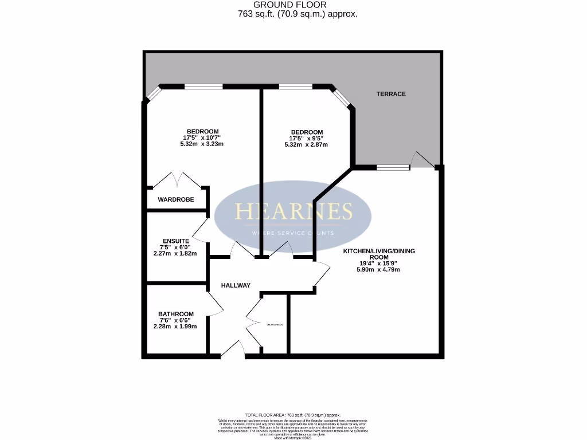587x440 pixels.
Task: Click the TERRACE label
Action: pos(391,94)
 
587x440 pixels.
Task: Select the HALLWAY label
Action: pos(236,285)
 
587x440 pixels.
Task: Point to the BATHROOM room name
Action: pos(175,314)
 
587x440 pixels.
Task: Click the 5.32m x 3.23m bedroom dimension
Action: pos(201,144)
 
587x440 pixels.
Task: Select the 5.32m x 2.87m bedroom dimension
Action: pos(306,144)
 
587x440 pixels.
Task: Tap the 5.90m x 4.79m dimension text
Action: pos(378,269)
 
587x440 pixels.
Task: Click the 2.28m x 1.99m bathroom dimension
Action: pos(175,327)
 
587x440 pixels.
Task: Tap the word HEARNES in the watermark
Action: pos(293,212)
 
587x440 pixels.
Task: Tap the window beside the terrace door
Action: pos(393,167)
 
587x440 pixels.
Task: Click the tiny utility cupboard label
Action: pos(275,325)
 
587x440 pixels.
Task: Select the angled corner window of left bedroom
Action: pos(153,93)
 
